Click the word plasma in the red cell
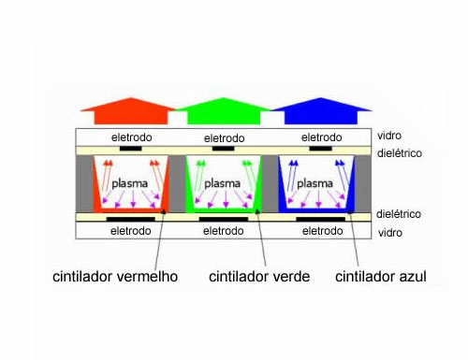tap(130, 183)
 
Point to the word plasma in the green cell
tap(223, 183)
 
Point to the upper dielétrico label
tap(401, 151)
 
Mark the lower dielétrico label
tap(401, 214)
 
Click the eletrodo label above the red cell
tap(131, 137)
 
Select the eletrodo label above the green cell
tap(223, 137)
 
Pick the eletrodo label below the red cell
tap(131, 230)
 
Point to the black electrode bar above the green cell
tap(223, 148)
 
